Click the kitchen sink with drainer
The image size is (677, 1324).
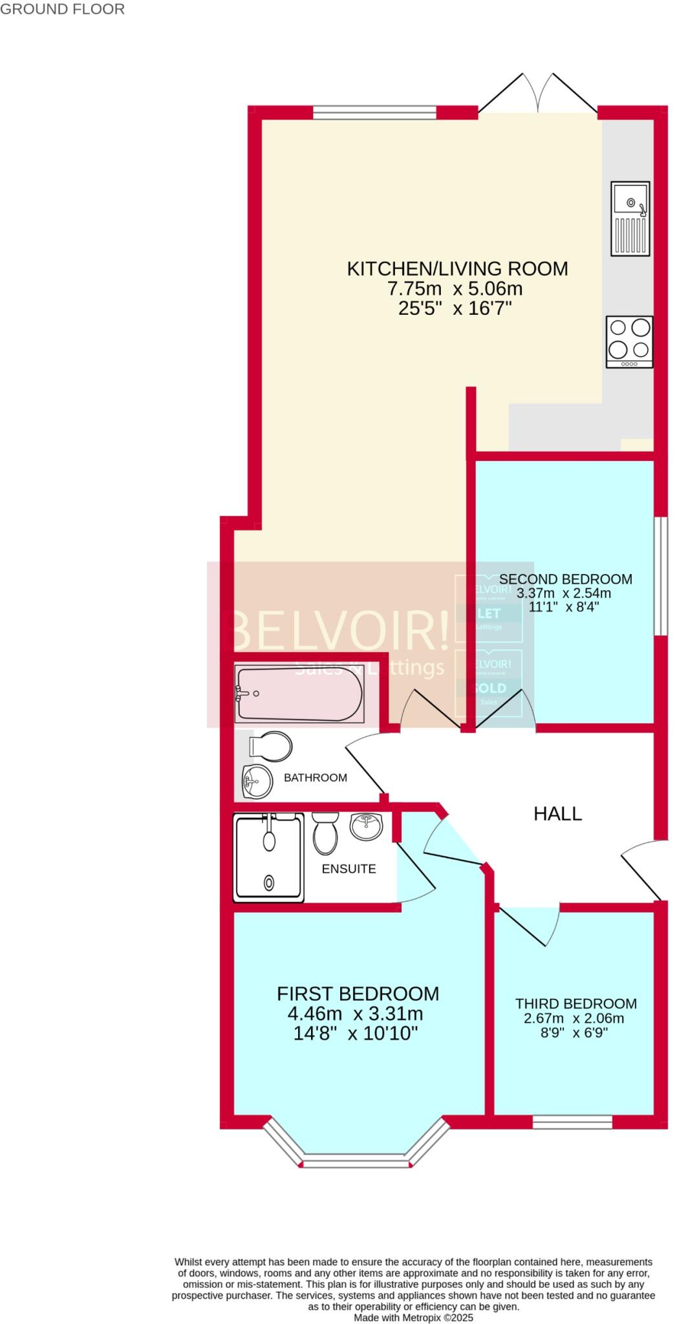point(630,218)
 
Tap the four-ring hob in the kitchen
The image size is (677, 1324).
point(629,342)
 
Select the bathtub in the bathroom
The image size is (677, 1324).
point(299,694)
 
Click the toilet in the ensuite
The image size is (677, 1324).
point(325,833)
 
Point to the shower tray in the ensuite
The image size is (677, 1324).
point(268,859)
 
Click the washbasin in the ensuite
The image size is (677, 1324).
point(367,826)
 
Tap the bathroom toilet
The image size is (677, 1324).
point(271,747)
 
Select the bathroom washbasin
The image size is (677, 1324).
point(258,782)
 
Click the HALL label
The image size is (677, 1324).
point(557,814)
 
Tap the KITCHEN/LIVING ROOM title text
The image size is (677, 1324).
point(457,269)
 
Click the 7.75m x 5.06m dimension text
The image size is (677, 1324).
point(455,288)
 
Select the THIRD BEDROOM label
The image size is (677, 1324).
point(575,1003)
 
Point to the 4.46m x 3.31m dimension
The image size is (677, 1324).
point(356,1013)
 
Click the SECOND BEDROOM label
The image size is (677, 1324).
point(565,579)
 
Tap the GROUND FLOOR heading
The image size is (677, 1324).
point(62,9)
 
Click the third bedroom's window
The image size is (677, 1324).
point(572,1122)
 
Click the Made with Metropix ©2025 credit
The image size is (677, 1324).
point(413,1317)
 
